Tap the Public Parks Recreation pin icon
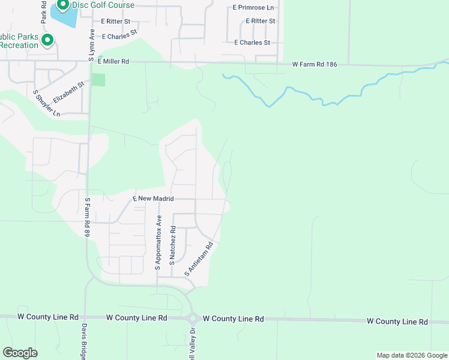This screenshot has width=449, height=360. tap(47, 41)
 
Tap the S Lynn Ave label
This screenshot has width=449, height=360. tap(92, 45)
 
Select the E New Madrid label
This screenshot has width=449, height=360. tap(153, 199)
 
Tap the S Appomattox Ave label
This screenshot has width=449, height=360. tap(158, 242)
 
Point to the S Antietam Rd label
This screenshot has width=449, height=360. tap(199, 259)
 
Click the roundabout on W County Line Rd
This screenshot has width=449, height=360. tap(193, 319)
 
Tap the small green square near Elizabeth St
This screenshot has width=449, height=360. tap(98, 80)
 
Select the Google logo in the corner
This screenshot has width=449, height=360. tap(20, 353)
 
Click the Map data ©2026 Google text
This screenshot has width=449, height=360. tap(412, 355)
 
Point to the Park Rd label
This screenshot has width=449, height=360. tap(44, 12)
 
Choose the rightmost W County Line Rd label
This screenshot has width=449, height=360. tap(397, 322)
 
